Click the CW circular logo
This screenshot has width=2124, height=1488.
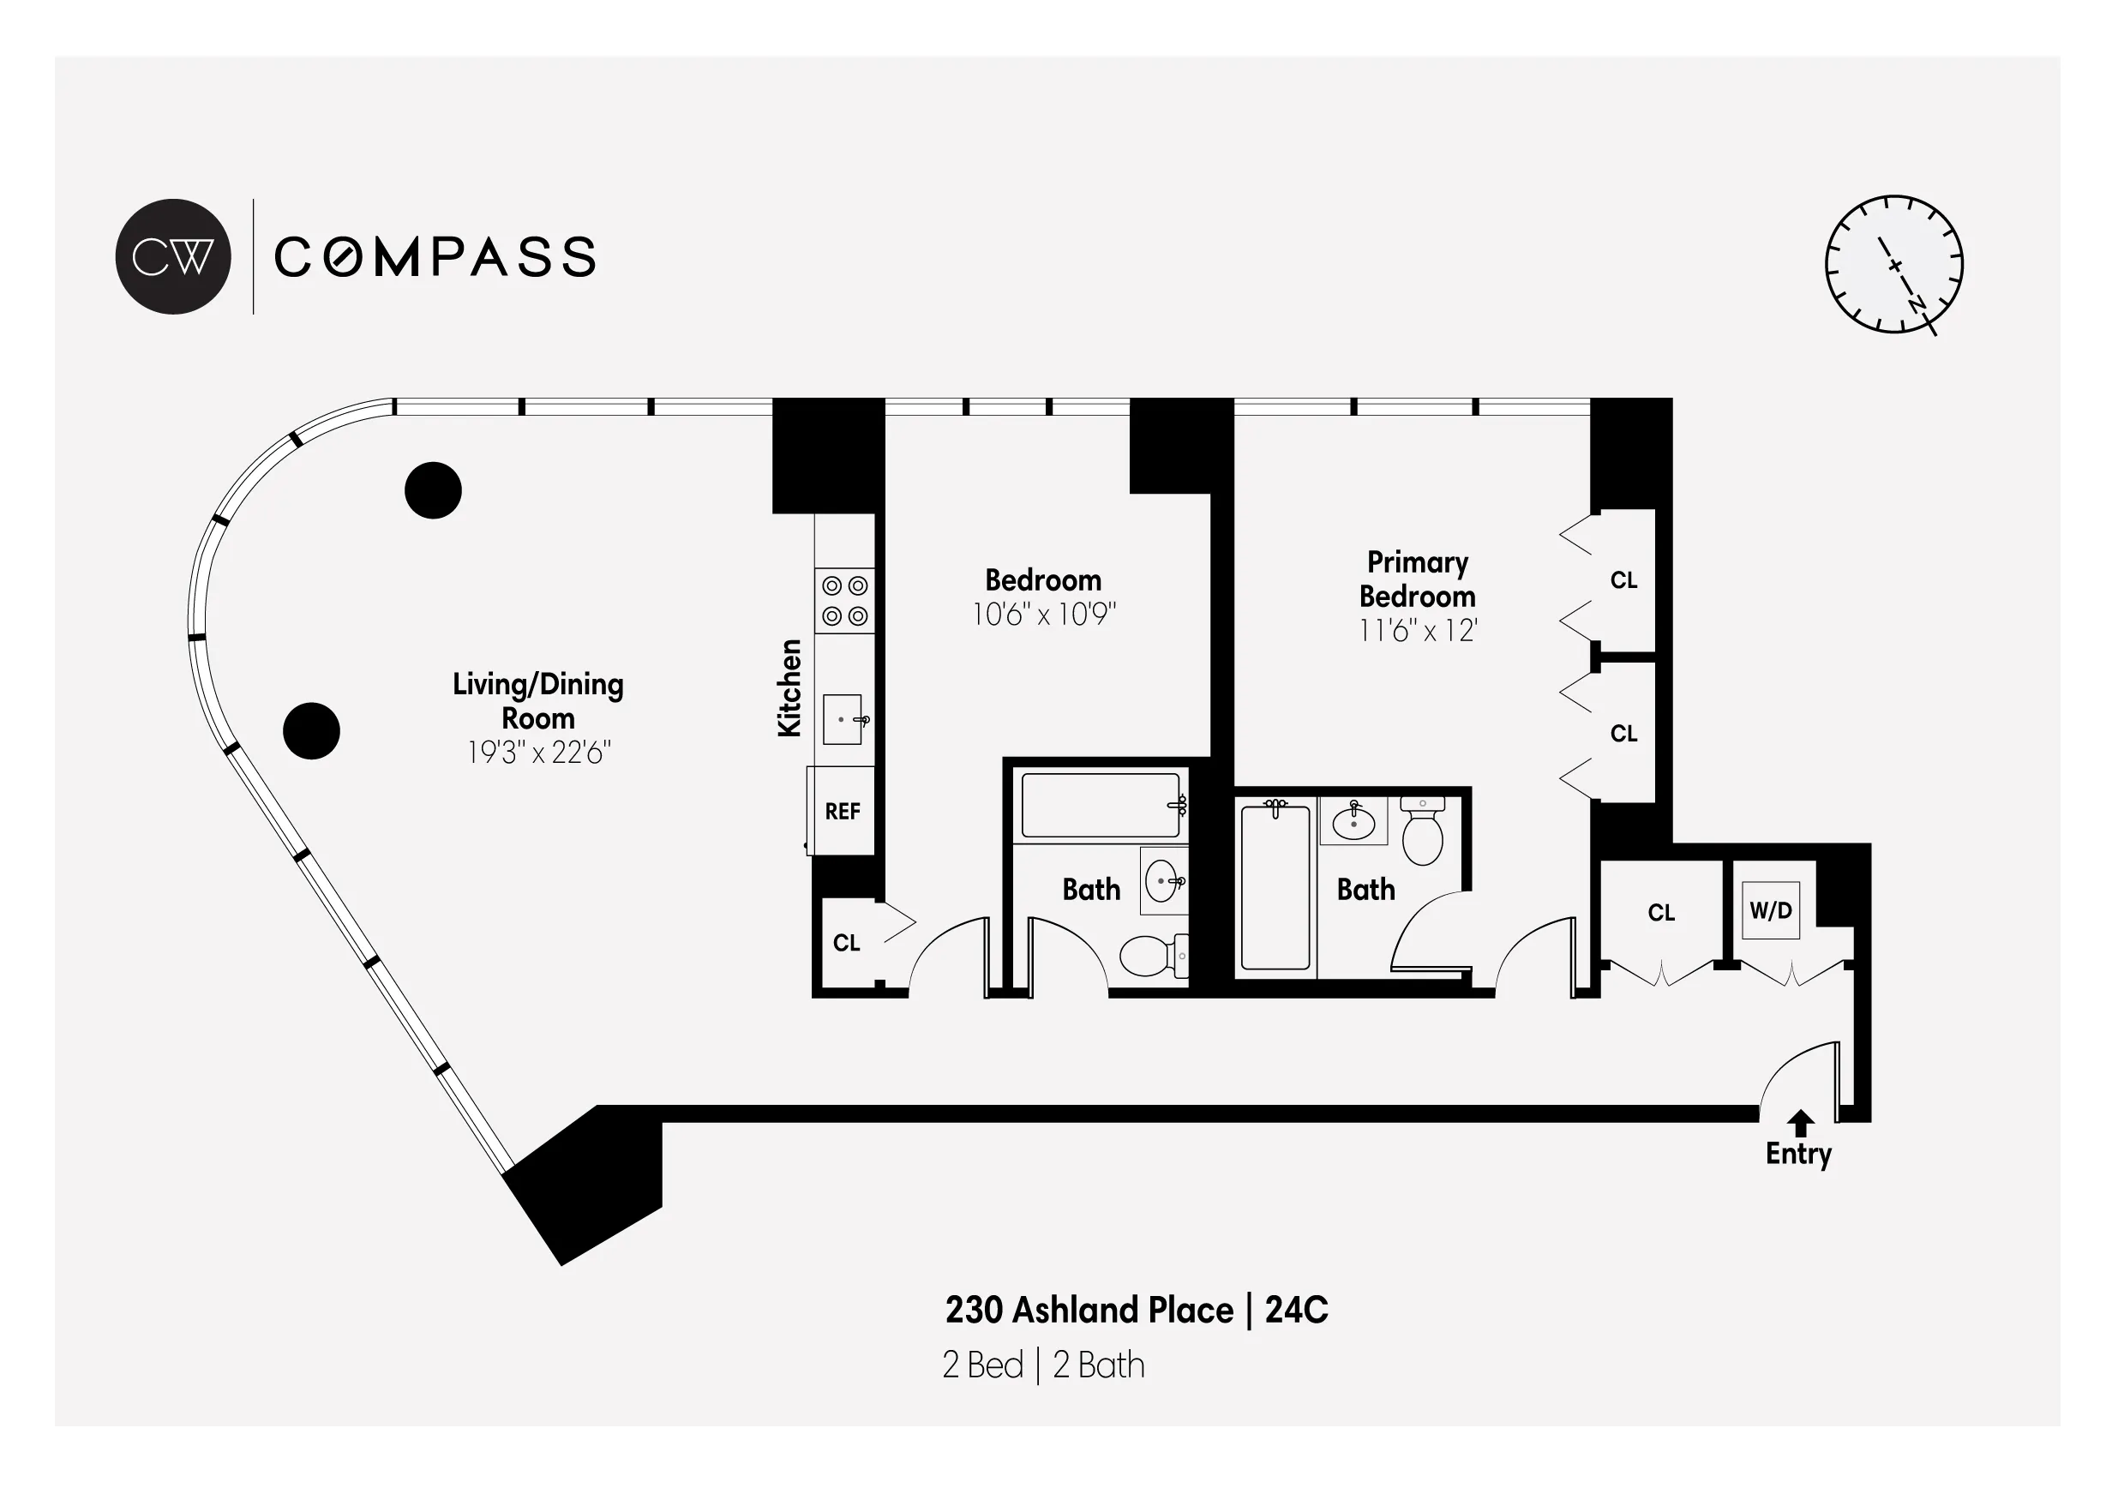[173, 256]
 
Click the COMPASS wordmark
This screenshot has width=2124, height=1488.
[435, 257]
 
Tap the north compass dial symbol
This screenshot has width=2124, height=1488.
[1893, 265]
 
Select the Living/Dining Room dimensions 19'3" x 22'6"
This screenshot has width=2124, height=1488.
[538, 753]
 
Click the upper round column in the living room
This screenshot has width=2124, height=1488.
[433, 489]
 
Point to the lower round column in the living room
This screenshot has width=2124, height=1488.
[311, 731]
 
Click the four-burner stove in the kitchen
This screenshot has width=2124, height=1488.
[844, 601]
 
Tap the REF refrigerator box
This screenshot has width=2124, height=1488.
[842, 812]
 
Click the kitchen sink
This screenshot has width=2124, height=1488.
[842, 719]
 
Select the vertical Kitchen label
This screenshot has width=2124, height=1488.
[789, 687]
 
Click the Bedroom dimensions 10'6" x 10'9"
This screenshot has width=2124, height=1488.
[1043, 615]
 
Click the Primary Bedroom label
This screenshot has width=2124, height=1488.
[1417, 579]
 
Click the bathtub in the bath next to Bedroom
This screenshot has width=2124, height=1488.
[1100, 805]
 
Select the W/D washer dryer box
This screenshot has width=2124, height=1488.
[1771, 910]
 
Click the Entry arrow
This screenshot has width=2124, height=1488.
[1799, 1124]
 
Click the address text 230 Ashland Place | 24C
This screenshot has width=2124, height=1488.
[1136, 1311]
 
